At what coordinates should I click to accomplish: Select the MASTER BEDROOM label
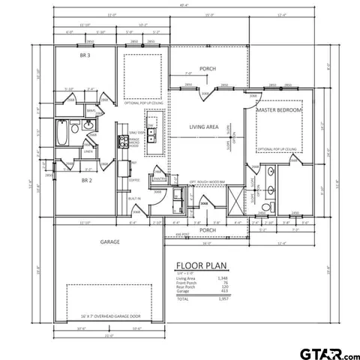click(278, 110)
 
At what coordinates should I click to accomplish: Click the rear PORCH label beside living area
click(208, 68)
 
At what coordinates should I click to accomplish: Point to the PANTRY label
click(159, 178)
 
